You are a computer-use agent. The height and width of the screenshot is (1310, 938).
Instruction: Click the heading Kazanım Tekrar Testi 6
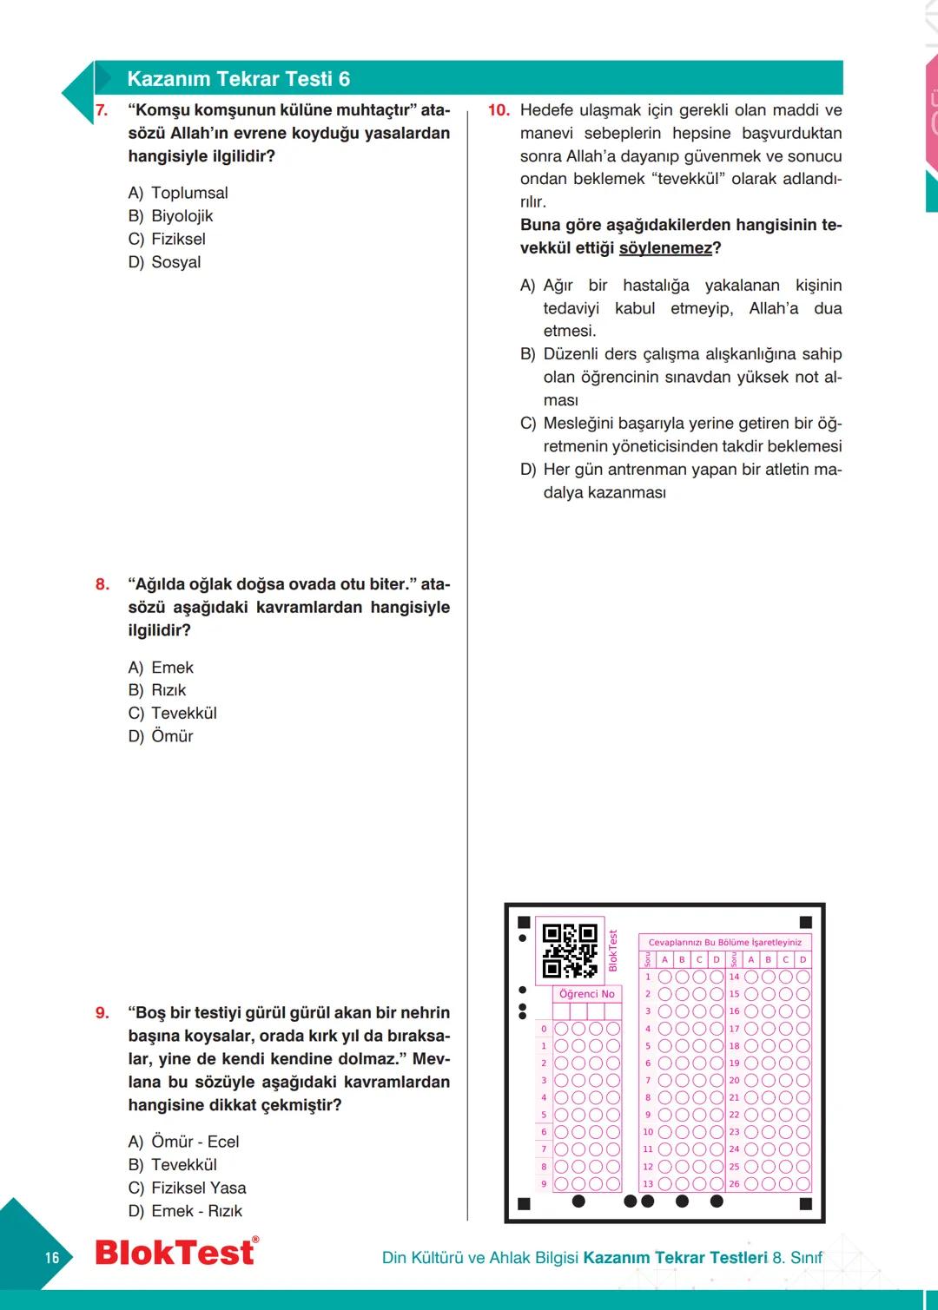click(238, 79)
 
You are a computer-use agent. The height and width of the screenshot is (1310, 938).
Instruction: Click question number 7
click(102, 110)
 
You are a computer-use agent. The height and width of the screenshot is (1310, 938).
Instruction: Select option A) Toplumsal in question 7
click(178, 193)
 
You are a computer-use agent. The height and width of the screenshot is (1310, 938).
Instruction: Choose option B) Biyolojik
click(170, 216)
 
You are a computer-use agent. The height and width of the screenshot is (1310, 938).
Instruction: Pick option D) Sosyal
click(164, 262)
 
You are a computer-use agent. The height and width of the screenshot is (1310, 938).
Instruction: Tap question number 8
click(102, 584)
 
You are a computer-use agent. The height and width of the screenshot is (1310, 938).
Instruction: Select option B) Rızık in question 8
click(157, 690)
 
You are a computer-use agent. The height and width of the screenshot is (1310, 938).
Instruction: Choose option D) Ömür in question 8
click(161, 736)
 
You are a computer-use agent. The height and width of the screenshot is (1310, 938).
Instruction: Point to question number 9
click(102, 1013)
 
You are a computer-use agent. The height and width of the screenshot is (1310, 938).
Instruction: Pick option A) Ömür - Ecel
click(183, 1142)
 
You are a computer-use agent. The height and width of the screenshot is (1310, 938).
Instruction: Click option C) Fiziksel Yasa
click(187, 1188)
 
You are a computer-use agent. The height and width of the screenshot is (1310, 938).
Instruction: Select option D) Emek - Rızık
click(185, 1211)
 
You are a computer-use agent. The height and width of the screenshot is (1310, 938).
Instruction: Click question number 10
click(499, 110)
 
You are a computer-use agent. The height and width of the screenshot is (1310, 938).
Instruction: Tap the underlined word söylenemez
click(665, 248)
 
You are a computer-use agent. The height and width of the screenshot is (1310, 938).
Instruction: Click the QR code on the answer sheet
click(570, 951)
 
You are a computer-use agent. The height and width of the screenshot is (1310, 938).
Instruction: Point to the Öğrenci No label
click(587, 994)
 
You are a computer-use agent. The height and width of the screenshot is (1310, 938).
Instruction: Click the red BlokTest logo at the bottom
click(176, 1253)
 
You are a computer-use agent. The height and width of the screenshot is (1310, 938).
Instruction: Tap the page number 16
click(52, 1258)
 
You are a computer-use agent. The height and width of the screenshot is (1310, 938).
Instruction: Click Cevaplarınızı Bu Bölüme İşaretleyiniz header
click(725, 943)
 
